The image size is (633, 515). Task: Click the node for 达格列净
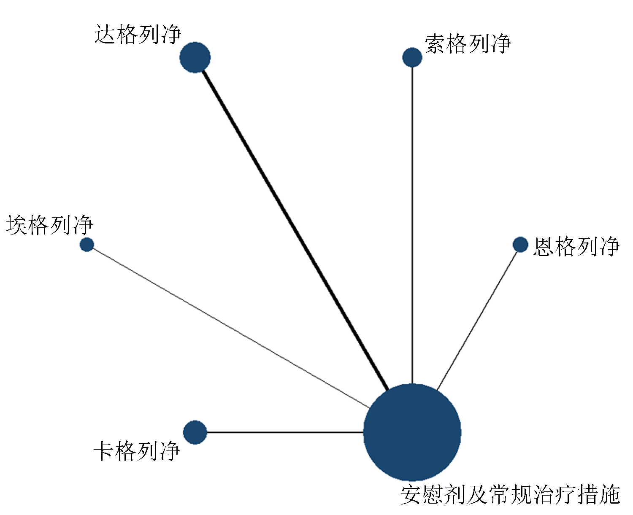click(x=195, y=57)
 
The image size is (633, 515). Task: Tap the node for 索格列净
click(x=412, y=57)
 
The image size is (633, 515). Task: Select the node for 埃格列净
click(x=87, y=245)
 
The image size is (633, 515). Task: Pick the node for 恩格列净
click(x=520, y=245)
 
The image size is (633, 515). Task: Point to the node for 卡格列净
click(x=195, y=432)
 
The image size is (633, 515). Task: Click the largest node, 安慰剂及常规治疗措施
click(x=412, y=432)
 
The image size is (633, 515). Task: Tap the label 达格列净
click(x=138, y=35)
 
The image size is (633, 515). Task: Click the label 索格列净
click(x=468, y=44)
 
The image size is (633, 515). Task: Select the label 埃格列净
click(x=50, y=225)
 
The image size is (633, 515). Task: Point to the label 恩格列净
click(x=576, y=246)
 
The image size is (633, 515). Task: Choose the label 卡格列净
click(x=137, y=451)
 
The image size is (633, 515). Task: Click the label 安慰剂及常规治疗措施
click(x=510, y=495)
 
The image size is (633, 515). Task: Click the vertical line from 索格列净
click(x=412, y=225)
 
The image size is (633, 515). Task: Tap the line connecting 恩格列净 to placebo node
click(x=477, y=321)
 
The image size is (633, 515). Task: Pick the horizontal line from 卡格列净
click(x=285, y=432)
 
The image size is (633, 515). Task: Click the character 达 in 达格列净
click(x=105, y=35)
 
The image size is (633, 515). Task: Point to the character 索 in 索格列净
click(x=436, y=44)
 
